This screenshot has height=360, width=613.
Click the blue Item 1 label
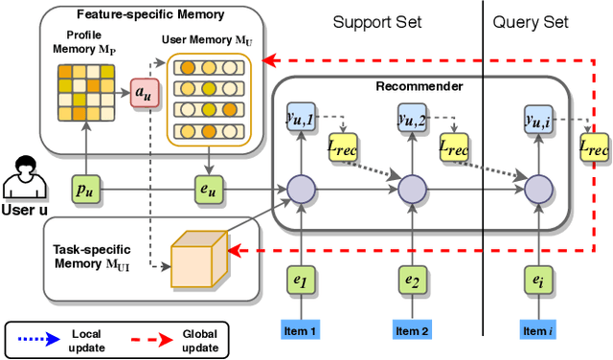point(301,330)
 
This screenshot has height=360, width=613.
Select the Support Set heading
point(380,22)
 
